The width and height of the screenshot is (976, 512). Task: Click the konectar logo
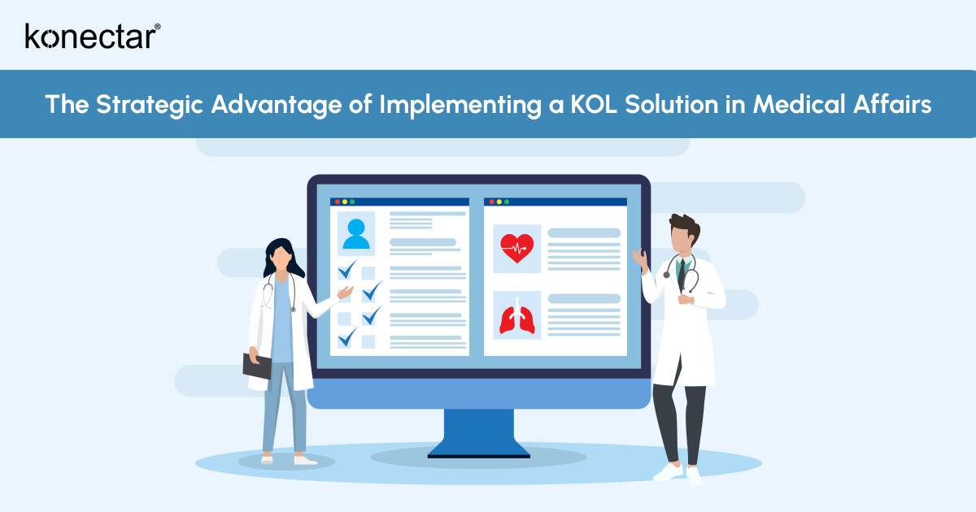89,36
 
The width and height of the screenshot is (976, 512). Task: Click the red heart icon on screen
517,248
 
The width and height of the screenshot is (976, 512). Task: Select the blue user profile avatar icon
356,233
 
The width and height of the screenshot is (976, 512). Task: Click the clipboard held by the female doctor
257,366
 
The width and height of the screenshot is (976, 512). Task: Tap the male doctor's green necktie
683,272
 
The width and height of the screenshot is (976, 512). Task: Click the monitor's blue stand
478,431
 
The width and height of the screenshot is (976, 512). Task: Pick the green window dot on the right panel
507,202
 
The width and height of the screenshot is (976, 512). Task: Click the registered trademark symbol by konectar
157,27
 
